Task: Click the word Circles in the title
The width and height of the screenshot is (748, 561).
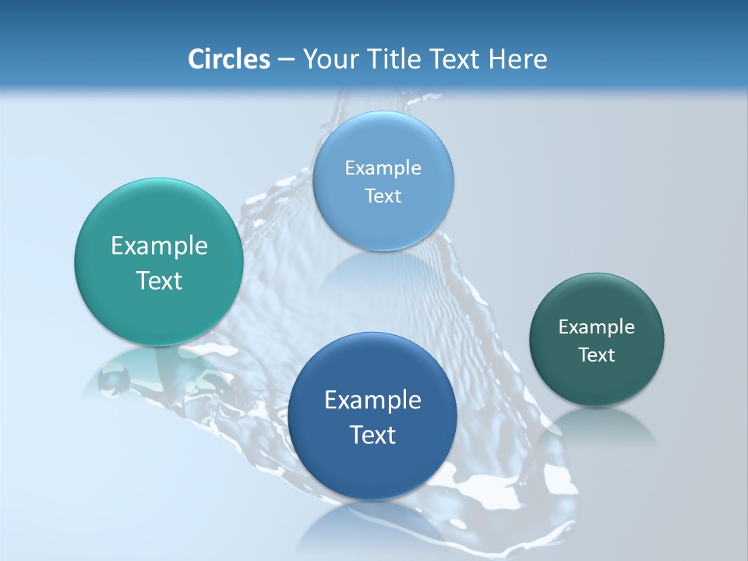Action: [228, 59]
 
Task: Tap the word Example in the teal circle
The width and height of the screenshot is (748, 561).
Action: [159, 246]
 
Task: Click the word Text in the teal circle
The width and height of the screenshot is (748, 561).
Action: [159, 280]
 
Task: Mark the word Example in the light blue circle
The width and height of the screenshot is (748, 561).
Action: [383, 168]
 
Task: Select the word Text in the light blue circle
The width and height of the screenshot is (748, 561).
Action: [383, 196]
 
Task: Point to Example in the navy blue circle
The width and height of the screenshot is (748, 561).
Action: [372, 400]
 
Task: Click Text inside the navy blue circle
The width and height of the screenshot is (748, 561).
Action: [372, 435]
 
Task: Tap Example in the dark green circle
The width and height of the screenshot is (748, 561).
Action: [597, 327]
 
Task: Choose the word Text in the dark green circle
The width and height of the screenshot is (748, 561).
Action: [597, 355]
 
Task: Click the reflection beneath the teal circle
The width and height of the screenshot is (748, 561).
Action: [148, 370]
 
